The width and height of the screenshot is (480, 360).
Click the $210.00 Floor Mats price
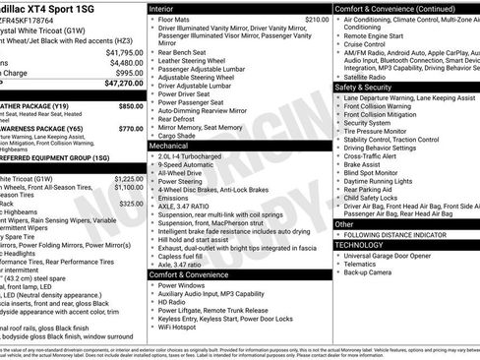(317, 19)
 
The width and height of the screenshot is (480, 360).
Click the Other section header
(345, 224)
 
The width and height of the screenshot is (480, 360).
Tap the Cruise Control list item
(367, 43)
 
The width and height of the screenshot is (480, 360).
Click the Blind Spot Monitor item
(376, 174)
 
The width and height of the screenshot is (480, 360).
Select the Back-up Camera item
(371, 272)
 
